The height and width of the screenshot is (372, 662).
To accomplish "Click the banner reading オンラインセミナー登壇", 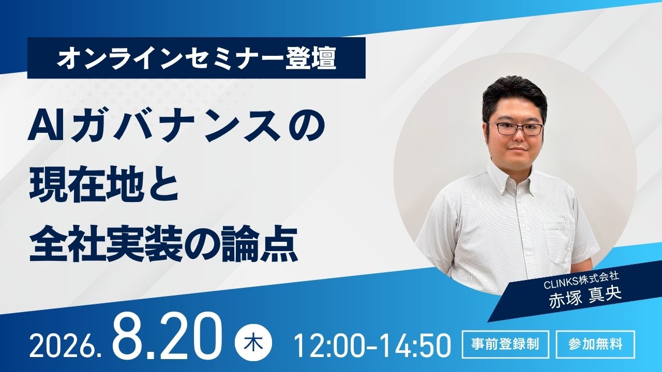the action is coord(196,58).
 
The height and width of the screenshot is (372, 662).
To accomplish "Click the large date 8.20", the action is coord(167,337).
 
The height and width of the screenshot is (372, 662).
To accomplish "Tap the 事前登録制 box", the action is coord(505,344).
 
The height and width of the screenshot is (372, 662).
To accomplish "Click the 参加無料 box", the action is coord(595,344).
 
